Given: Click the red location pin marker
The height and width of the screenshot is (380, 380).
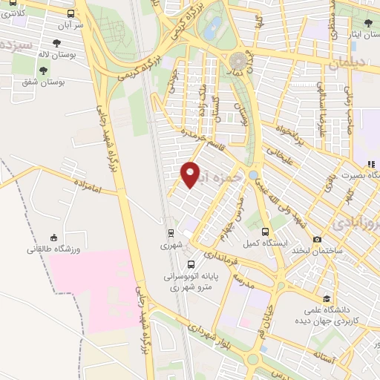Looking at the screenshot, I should click(191, 174).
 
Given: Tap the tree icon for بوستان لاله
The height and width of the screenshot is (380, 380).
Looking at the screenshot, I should click(56, 43).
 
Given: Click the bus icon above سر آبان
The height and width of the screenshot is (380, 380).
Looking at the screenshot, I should click(70, 13).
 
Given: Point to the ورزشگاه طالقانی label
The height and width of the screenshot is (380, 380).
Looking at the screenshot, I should click(53, 249).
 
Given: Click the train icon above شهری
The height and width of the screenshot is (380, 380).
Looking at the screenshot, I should click(170, 231).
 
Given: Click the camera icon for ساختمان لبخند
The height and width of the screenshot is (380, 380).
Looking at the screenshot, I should click(318, 239).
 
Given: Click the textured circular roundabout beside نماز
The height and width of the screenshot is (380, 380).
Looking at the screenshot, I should click(239, 60).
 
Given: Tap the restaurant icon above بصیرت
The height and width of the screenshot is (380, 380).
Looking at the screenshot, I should click(369, 164).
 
